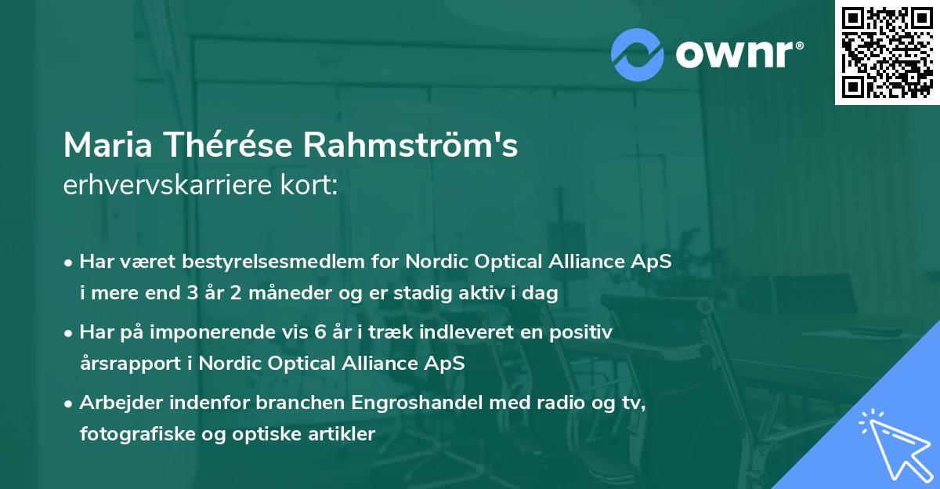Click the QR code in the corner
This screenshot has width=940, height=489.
tap(888, 52)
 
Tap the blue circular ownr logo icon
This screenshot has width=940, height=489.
tap(637, 54)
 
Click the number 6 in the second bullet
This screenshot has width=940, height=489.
tap(320, 332)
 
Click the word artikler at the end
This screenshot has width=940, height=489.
tap(344, 433)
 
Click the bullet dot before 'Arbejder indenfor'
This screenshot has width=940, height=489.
tap(70, 403)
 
